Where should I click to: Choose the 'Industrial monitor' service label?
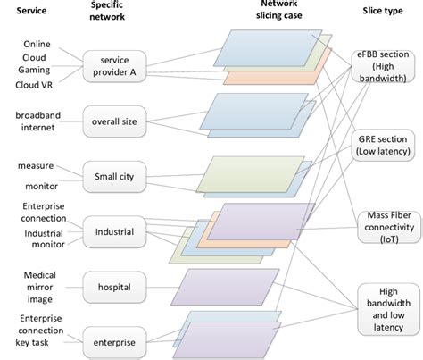pyautogui.click(x=37, y=240)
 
